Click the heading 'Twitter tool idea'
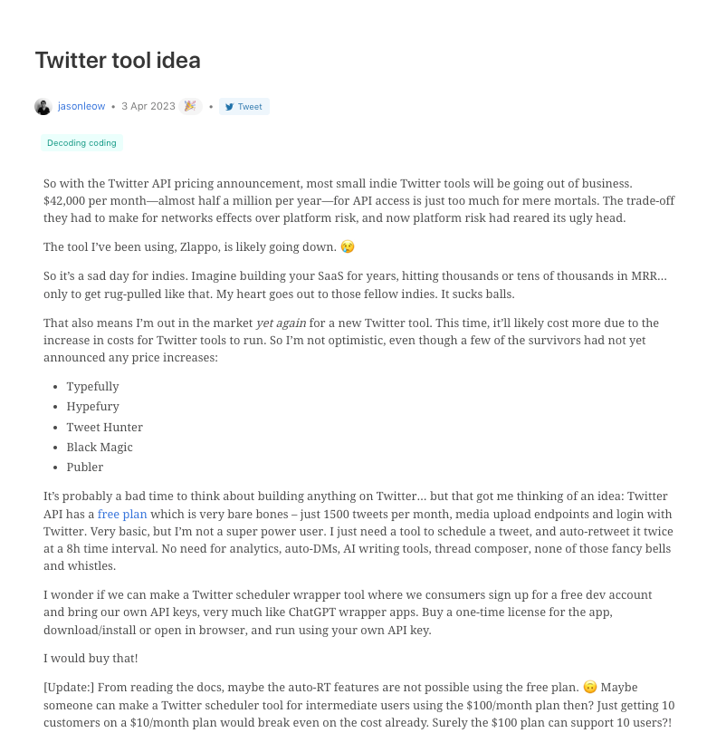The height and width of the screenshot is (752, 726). [x=118, y=61]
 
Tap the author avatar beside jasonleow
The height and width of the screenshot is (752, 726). [x=43, y=107]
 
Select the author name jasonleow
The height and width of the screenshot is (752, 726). [x=81, y=107]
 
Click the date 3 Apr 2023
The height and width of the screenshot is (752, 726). [x=148, y=107]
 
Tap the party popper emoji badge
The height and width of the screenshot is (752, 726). [x=190, y=106]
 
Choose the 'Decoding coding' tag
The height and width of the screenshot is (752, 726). [x=81, y=143]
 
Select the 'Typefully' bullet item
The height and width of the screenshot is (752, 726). [x=92, y=387]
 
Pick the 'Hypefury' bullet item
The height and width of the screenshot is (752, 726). [x=92, y=407]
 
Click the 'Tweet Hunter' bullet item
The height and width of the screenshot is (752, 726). [x=104, y=427]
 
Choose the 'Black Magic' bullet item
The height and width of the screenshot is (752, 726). [x=100, y=447]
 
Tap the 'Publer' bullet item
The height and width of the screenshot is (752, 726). [x=85, y=467]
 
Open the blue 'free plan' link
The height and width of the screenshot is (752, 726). [x=121, y=513]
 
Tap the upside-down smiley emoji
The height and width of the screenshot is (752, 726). [x=590, y=688]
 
